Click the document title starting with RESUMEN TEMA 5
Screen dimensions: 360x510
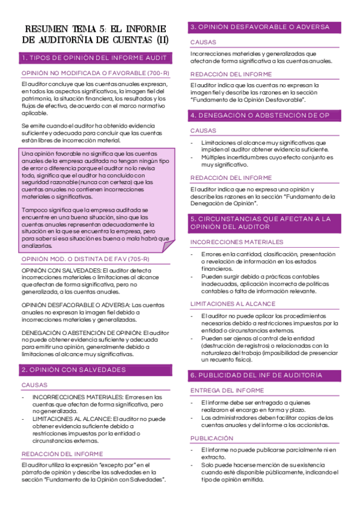click(x=95, y=34)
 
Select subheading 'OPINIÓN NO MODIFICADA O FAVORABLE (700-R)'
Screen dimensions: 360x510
click(x=95, y=73)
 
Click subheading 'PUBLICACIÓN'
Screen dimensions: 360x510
click(x=212, y=438)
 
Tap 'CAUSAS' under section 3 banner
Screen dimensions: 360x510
click(x=203, y=43)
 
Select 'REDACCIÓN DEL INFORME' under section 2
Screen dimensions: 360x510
click(x=62, y=454)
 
